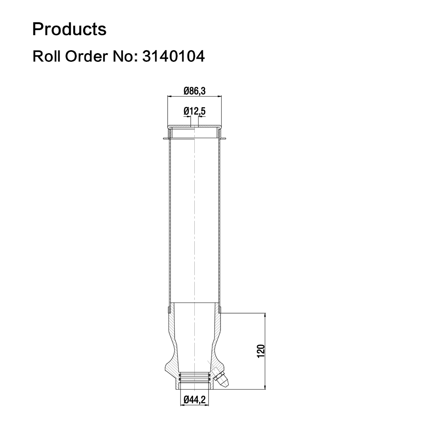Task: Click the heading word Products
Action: click(x=69, y=29)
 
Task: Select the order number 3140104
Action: click(x=173, y=56)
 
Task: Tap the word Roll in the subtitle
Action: click(x=46, y=56)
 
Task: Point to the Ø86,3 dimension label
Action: click(x=194, y=91)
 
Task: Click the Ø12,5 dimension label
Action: click(x=194, y=111)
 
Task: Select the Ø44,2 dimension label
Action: click(x=194, y=400)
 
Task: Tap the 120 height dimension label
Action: click(x=261, y=351)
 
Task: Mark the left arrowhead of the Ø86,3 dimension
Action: click(x=169, y=96)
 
